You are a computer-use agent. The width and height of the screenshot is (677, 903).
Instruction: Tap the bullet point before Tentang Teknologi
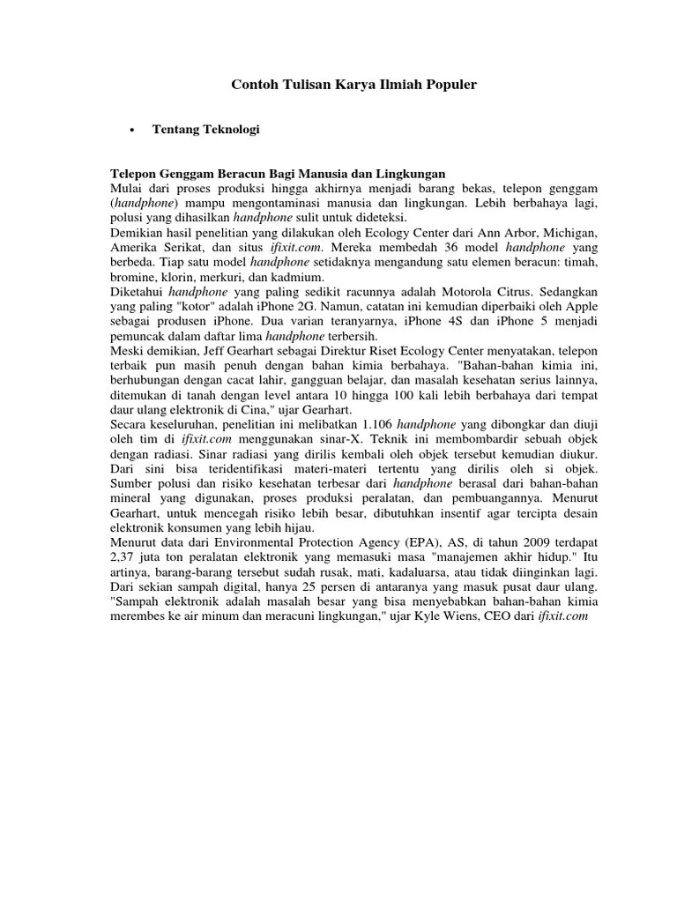[130, 131]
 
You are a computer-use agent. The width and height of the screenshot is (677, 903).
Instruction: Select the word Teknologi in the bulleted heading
[229, 130]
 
